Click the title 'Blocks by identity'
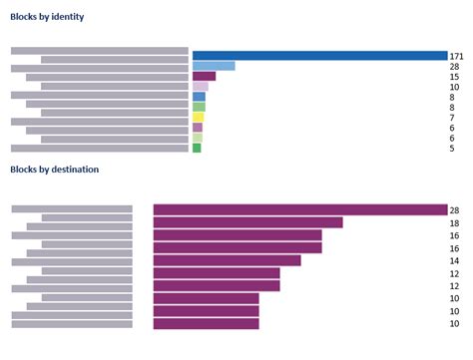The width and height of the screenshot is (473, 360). click(x=47, y=17)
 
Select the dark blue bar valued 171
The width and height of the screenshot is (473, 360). click(x=319, y=56)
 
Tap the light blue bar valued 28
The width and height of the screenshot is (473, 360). click(x=214, y=66)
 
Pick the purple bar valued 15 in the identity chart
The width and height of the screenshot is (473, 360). click(x=204, y=76)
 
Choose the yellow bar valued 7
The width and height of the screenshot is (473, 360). click(x=198, y=117)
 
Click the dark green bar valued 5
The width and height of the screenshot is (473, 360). click(x=197, y=148)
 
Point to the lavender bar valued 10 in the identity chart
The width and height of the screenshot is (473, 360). click(x=200, y=87)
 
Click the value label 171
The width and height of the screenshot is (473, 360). click(x=457, y=57)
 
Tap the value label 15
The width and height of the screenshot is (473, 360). click(x=454, y=77)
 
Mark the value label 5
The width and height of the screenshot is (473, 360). click(x=452, y=149)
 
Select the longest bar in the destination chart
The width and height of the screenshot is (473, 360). click(x=299, y=209)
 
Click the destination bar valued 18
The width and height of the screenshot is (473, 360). click(x=247, y=222)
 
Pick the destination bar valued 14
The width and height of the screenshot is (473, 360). click(x=227, y=260)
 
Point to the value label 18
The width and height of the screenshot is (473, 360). click(x=454, y=224)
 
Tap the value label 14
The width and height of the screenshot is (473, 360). click(x=454, y=262)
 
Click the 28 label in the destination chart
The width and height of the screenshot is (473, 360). click(x=454, y=210)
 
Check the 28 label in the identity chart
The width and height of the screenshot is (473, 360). click(x=454, y=67)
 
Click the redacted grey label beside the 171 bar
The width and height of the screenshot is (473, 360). click(x=99, y=51)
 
